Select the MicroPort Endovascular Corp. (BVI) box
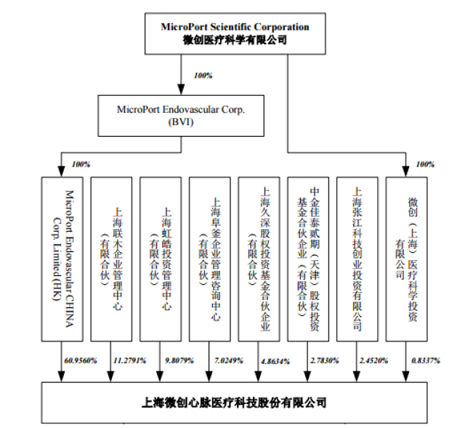coord(181,115)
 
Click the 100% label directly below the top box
coord(203,76)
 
